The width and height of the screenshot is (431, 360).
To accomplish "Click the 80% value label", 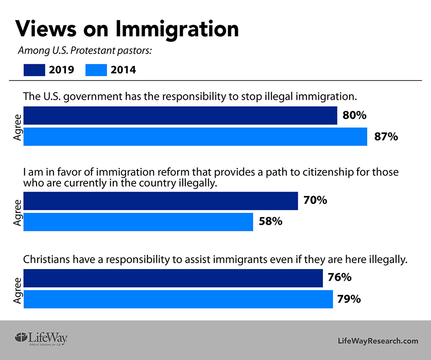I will [x=354, y=116].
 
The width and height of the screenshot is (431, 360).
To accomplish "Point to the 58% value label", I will [x=270, y=222].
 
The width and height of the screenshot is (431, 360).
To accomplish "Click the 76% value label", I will [x=339, y=278].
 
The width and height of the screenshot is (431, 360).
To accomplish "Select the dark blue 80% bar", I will [x=180, y=116].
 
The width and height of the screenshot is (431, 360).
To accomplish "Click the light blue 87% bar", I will [x=195, y=137].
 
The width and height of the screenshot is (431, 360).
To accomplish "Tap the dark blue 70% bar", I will [x=160, y=201].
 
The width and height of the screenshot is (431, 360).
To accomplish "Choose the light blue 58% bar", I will [x=138, y=222].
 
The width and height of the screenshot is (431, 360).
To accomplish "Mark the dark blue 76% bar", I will [x=173, y=278].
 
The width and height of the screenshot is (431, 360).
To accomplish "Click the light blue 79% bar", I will [x=178, y=299].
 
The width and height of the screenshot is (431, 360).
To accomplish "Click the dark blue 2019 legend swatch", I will [x=34, y=69].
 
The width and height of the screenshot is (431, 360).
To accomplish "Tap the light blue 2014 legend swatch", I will [x=96, y=69].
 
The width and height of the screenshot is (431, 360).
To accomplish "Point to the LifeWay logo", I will [x=41, y=338].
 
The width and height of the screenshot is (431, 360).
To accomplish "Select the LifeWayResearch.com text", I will [x=378, y=341].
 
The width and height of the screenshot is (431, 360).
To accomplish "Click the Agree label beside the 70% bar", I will [x=17, y=211].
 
